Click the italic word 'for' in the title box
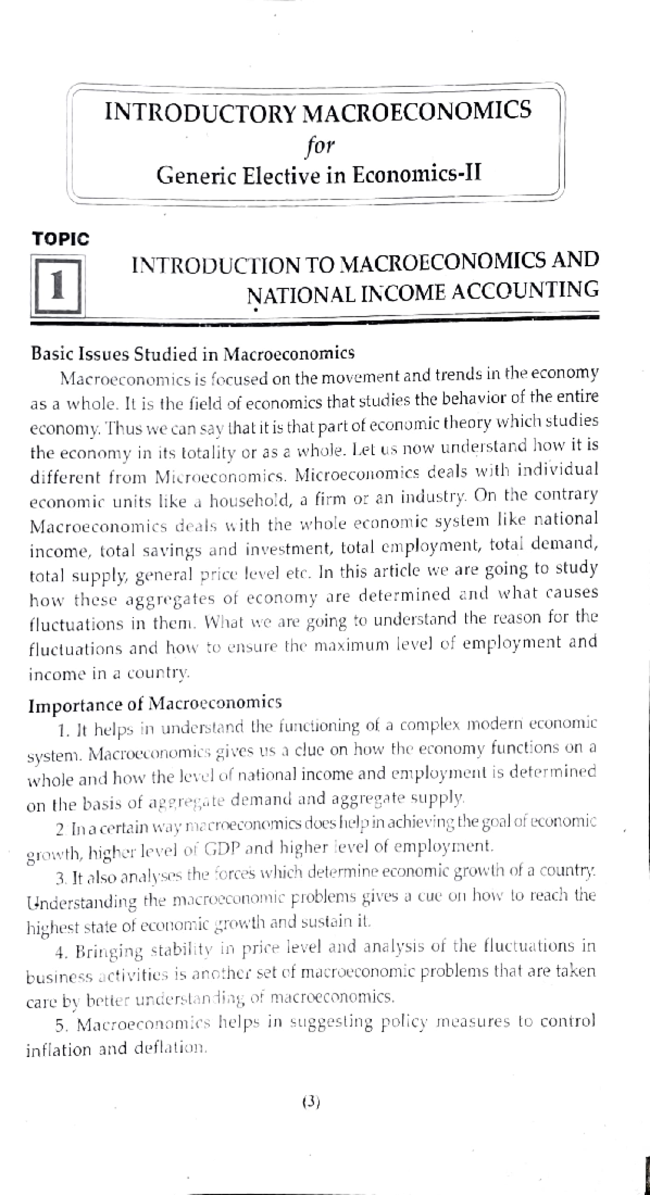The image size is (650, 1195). [x=320, y=145]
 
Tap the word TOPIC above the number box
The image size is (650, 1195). [x=61, y=239]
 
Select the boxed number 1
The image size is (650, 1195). [x=57, y=286]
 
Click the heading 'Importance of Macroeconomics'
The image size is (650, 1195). [x=155, y=704]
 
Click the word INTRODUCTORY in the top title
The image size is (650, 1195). [x=200, y=112]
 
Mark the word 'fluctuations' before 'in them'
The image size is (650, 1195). [x=76, y=624]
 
